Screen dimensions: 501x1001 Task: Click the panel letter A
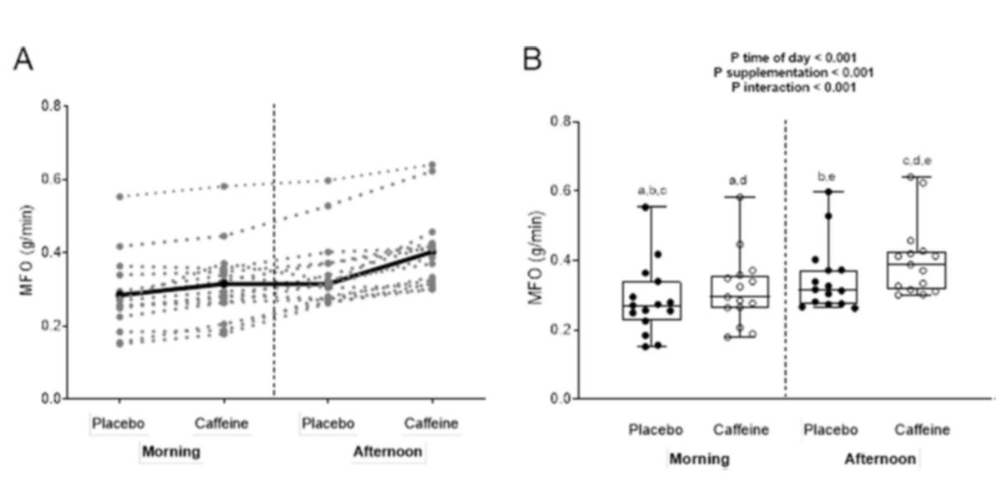pos(24,60)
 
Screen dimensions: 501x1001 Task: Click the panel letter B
pos(532,60)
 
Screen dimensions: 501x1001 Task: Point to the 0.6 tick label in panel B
pos(560,190)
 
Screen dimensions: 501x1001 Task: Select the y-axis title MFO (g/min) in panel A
pos(28,252)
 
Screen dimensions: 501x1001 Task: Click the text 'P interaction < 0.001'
pos(793,87)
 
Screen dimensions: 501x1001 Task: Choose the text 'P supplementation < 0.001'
pos(793,72)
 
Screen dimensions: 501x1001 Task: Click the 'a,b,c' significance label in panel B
pos(652,190)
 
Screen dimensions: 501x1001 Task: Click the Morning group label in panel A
pos(171,453)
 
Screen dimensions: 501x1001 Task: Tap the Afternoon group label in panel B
pos(880,459)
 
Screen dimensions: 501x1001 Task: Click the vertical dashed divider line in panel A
pos(274,250)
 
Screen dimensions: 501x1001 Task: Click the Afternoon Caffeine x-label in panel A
pos(431,424)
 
